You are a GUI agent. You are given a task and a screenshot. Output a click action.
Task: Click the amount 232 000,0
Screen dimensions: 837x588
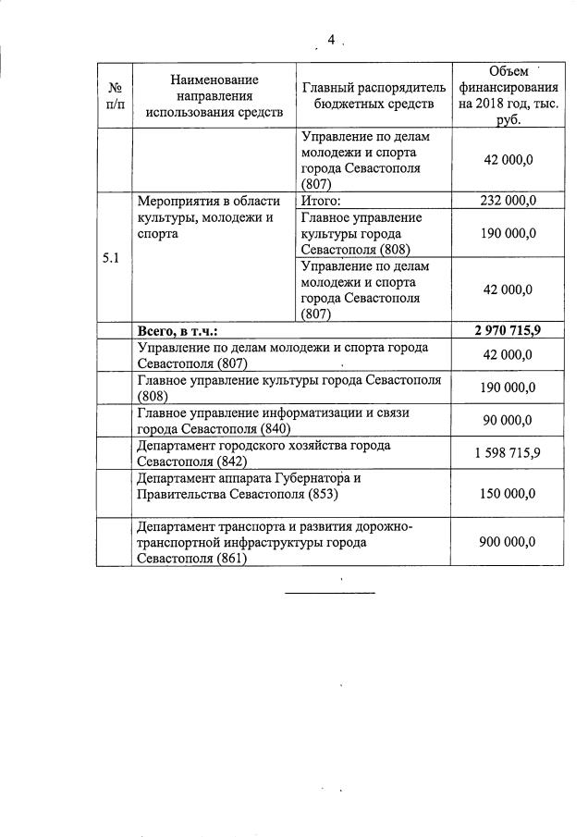(508, 200)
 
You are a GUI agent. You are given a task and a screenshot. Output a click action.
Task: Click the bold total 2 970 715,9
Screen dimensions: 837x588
(508, 330)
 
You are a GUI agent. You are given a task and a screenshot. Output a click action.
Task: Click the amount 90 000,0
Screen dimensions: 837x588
(508, 420)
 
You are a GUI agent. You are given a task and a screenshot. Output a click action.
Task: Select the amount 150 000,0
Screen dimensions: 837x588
(508, 493)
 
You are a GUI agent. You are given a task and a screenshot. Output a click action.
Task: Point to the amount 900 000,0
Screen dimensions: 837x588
(508, 542)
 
